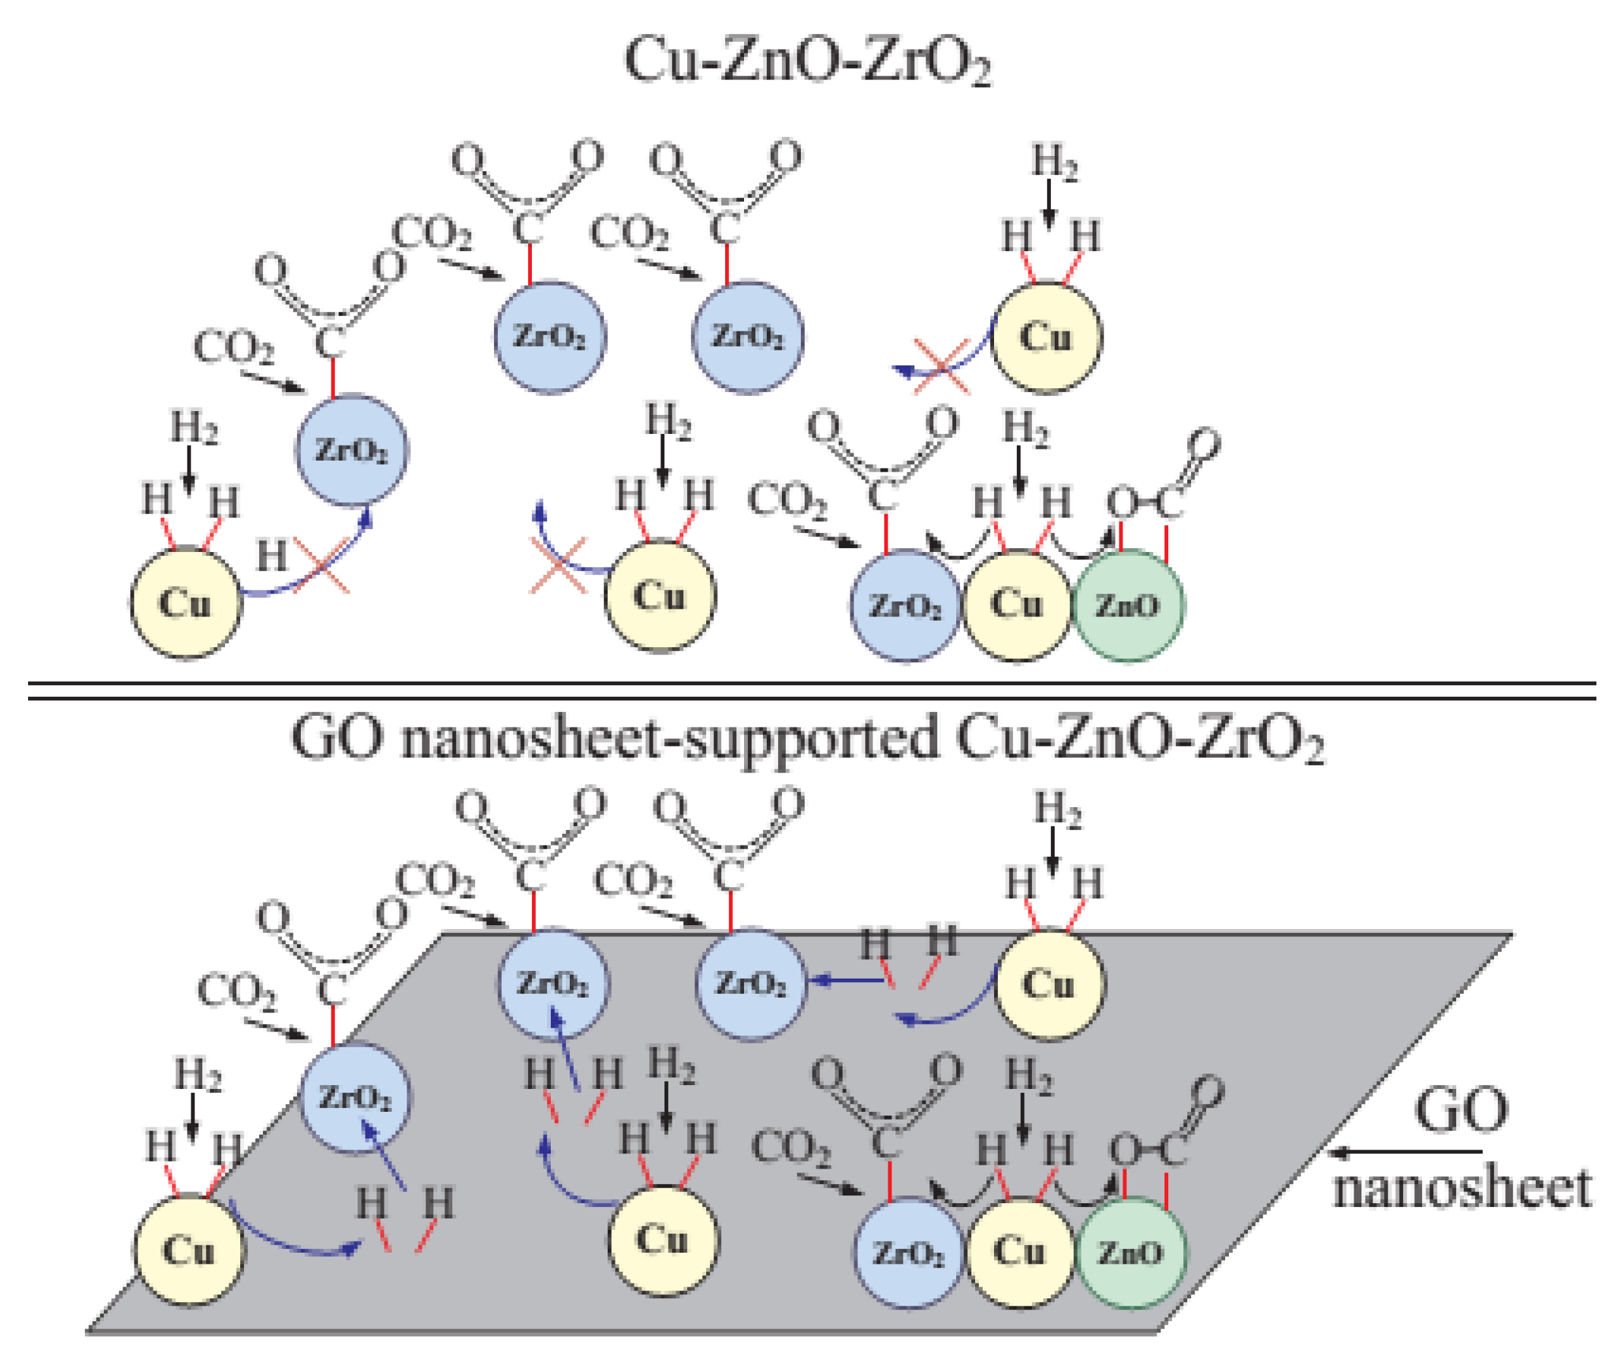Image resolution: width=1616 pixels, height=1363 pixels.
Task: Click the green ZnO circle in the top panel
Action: coord(1128,605)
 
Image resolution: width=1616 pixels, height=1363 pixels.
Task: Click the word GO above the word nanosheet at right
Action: coord(1461,1110)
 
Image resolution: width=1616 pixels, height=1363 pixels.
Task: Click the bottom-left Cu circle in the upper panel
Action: coord(185,604)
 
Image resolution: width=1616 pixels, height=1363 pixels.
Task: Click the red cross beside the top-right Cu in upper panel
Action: coord(941,366)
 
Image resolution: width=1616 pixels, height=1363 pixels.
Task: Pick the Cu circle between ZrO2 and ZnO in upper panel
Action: coord(1017,605)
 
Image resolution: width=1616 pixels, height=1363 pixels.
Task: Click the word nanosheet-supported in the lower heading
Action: coord(668,739)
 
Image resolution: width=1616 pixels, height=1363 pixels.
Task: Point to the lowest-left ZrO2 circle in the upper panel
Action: coord(352,450)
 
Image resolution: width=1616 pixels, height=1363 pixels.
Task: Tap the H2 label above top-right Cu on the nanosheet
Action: coord(1058,810)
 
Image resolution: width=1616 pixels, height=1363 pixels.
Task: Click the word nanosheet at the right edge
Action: coord(1461,1188)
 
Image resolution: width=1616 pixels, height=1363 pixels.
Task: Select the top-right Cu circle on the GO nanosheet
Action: coord(1049,985)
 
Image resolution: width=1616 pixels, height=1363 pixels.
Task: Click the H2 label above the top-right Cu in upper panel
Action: coord(1054,163)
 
